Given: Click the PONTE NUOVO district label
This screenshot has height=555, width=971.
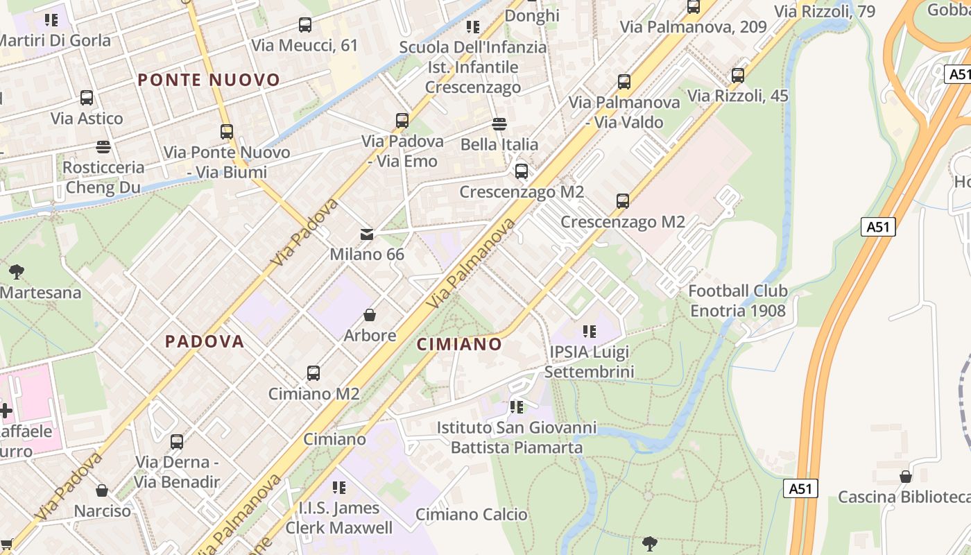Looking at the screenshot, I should coord(209,80).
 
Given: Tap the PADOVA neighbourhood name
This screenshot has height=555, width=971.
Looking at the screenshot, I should coord(205,341).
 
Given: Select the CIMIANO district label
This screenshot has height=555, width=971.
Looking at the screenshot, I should coord(459,344).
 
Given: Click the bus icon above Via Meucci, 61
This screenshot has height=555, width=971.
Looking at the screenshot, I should coord(305,25).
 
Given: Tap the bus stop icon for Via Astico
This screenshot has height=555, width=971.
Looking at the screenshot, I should coord(87,98).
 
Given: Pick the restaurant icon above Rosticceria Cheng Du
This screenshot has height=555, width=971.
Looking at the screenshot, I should coord(103,147).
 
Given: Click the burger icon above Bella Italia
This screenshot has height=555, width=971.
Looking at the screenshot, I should coord(499,124).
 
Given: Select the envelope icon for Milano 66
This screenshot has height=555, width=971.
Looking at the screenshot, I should coord(367,234).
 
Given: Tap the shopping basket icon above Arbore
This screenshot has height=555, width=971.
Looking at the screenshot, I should coord(370,316).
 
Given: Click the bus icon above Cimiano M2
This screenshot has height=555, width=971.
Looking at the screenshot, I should coord(313,373).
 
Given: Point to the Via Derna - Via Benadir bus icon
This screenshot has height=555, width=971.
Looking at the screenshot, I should coord(177,441).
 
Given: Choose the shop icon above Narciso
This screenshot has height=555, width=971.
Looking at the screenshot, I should coord(102,491).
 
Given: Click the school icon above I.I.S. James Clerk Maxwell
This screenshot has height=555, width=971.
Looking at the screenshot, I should coord(339,488).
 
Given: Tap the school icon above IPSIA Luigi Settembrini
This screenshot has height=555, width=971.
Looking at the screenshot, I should coord(590,332).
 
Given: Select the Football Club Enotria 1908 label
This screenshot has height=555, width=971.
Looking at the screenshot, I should coord(738,300).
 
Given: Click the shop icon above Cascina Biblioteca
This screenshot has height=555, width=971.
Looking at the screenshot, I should coord(905,477).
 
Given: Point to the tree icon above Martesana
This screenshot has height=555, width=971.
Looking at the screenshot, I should coord(17,272).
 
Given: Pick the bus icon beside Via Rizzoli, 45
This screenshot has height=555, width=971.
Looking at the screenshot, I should coord(738,76).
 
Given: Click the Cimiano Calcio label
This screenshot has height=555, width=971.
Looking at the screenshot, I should coord(472,515).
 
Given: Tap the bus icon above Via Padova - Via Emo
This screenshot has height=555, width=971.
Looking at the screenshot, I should coord(402,121).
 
